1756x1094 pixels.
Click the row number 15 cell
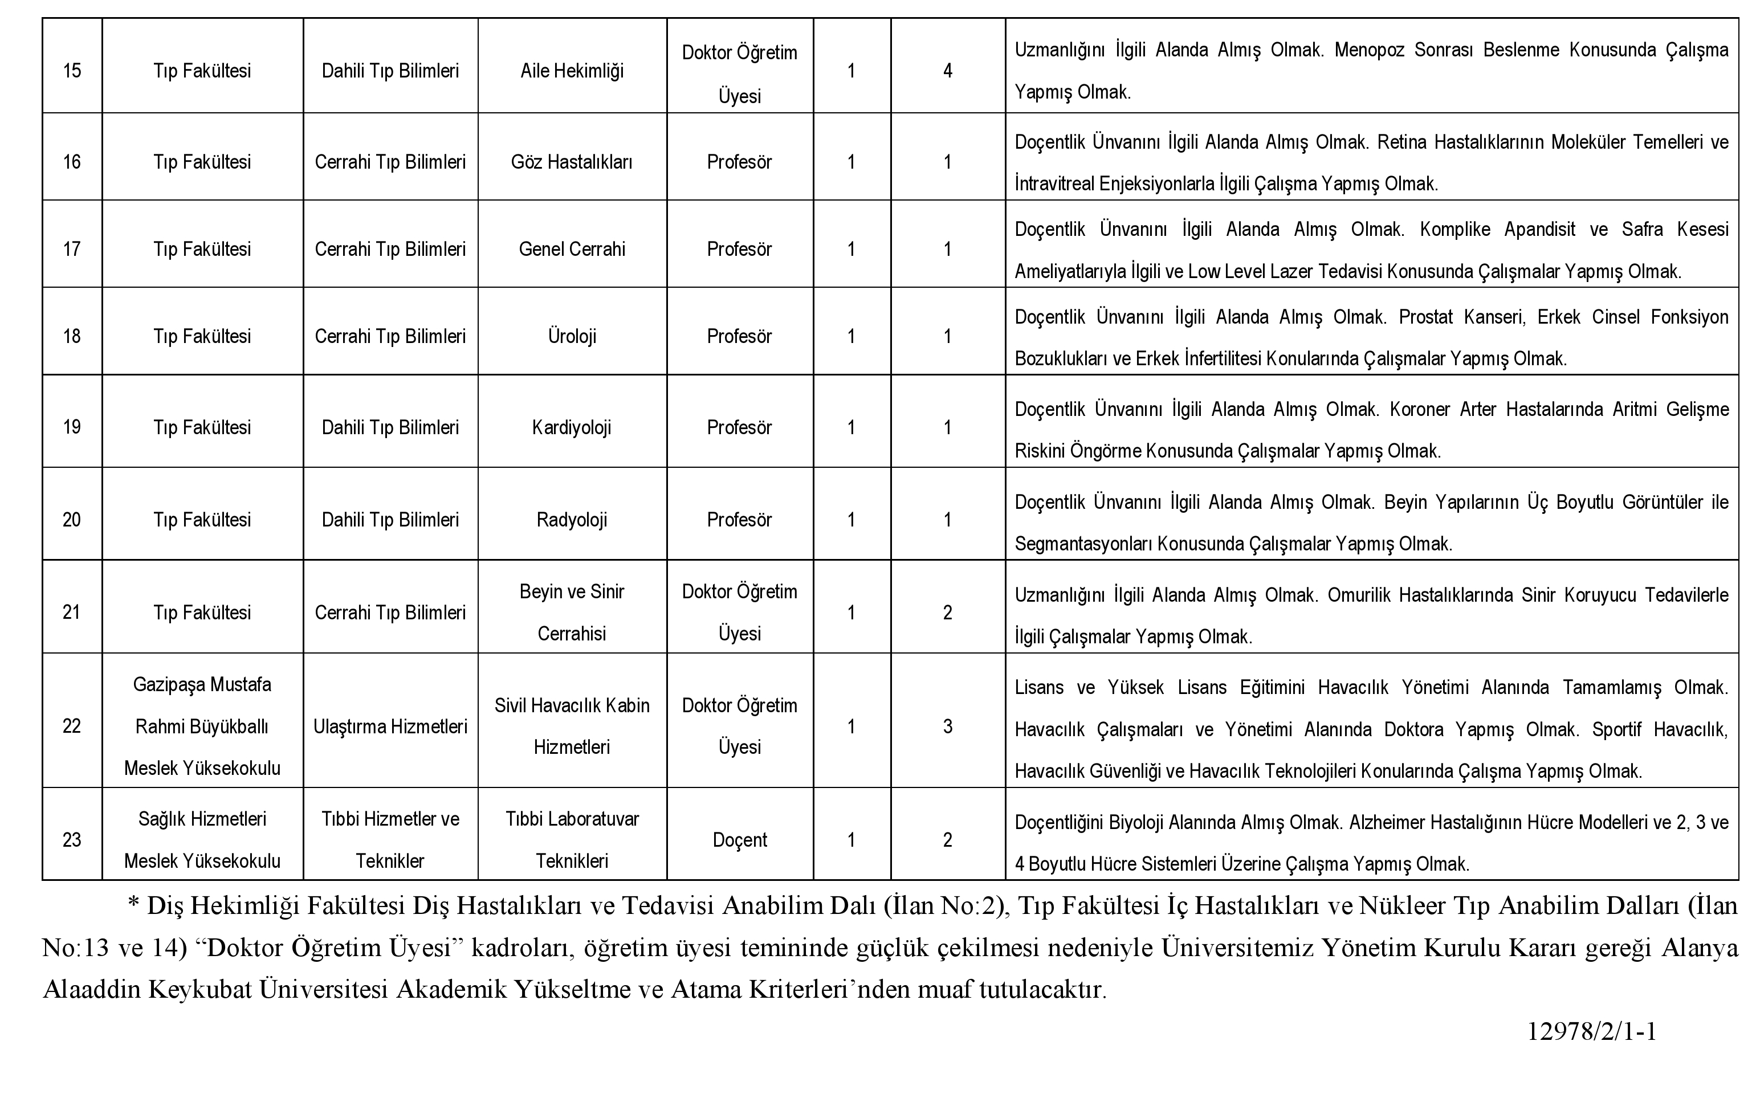tap(72, 71)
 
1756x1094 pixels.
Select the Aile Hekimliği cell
tap(572, 71)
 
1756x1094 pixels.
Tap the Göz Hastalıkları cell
tap(572, 162)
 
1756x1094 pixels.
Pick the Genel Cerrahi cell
tap(572, 250)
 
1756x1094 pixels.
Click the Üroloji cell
tap(572, 336)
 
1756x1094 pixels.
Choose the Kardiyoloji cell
tap(572, 427)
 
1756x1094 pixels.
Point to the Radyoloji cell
tap(572, 520)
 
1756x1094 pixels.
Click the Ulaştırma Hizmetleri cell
tap(390, 726)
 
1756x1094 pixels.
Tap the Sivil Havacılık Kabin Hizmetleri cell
tap(572, 726)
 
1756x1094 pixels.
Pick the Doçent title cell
tap(739, 840)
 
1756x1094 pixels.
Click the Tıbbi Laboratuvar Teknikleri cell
tap(572, 840)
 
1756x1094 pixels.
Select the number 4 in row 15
tap(947, 71)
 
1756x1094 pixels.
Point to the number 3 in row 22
tap(947, 726)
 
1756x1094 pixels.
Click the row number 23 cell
tap(72, 840)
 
